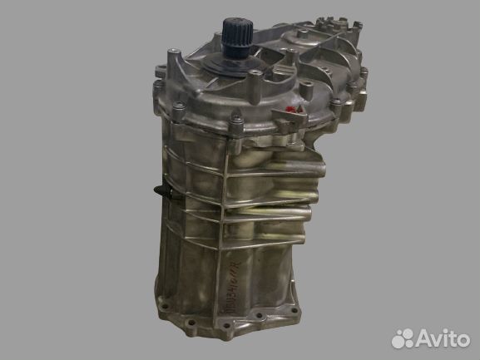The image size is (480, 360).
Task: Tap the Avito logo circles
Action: (403, 337)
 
